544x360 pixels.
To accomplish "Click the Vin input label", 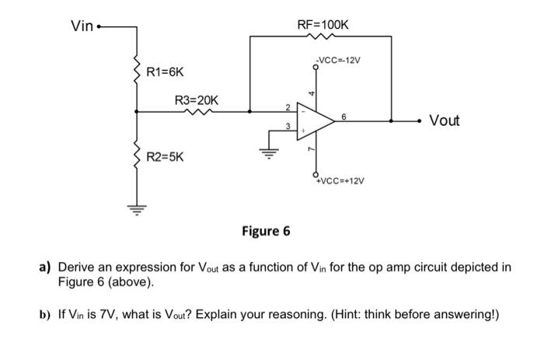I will click(x=82, y=26).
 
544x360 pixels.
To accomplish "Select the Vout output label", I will click(x=444, y=121).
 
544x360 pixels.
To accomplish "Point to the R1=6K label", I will click(x=166, y=72).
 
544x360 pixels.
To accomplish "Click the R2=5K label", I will click(x=166, y=157).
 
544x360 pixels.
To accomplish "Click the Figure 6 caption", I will click(x=266, y=231).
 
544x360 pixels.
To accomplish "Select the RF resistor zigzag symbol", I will click(x=323, y=36).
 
